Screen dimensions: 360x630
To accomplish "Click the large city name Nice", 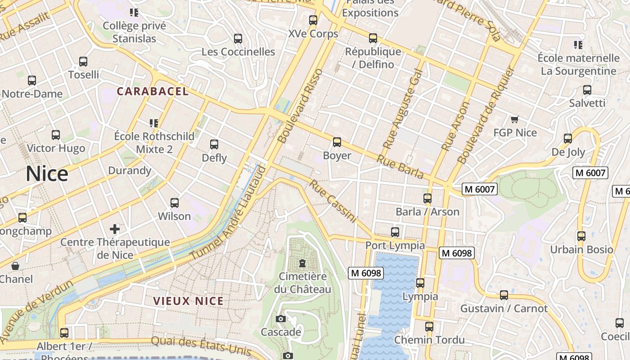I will pyautogui.click(x=47, y=174).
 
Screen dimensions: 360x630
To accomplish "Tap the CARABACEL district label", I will pyautogui.click(x=153, y=91).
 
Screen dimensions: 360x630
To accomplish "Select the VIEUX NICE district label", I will pyautogui.click(x=188, y=301).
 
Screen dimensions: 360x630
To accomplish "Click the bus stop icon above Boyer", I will pyautogui.click(x=337, y=142).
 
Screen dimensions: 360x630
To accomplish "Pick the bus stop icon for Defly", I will pyautogui.click(x=214, y=144).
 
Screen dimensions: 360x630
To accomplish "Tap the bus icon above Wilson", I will pyautogui.click(x=175, y=203).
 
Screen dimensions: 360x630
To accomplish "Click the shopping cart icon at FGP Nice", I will pyautogui.click(x=515, y=119).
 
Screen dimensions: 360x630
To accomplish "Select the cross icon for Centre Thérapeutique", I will pyautogui.click(x=115, y=229).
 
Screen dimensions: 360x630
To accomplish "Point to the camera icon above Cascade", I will pyautogui.click(x=281, y=319).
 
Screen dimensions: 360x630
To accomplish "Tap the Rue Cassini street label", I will pyautogui.click(x=333, y=202).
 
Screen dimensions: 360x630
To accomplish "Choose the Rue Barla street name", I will pyautogui.click(x=400, y=166).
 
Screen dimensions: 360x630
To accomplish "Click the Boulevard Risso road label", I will pyautogui.click(x=301, y=106).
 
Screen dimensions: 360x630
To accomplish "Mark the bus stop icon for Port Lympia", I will pyautogui.click(x=395, y=232).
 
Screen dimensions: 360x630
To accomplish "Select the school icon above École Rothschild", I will pyautogui.click(x=154, y=123).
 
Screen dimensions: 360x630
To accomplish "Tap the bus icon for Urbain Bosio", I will pyautogui.click(x=581, y=236).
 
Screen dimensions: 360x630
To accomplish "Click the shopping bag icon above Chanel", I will pyautogui.click(x=15, y=266).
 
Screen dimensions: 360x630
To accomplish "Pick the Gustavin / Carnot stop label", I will pyautogui.click(x=504, y=309).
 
